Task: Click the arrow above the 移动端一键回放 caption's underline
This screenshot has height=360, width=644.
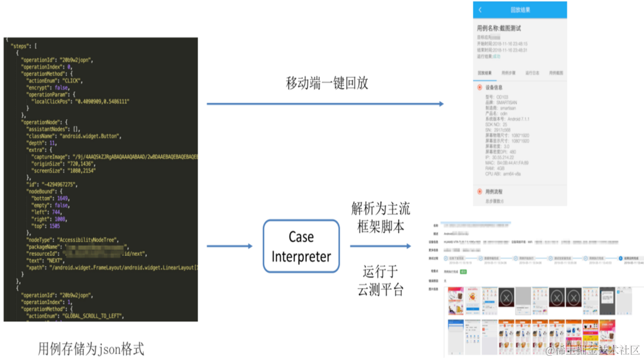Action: point(325,104)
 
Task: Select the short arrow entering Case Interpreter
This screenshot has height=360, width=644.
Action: point(230,246)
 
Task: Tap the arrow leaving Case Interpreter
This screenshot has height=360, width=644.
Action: point(379,246)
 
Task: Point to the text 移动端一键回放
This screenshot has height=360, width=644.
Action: point(327,83)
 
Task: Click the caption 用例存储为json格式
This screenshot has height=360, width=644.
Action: point(91,348)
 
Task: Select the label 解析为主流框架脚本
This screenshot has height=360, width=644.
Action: point(381,218)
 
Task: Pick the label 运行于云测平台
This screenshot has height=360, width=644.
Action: point(381,281)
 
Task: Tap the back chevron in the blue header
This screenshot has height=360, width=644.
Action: point(480,10)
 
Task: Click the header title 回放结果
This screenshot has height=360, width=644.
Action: point(520,10)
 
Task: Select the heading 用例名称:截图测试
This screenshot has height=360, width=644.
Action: point(499,27)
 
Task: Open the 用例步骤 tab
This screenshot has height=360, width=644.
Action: point(508,73)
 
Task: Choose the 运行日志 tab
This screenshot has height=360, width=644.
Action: point(532,73)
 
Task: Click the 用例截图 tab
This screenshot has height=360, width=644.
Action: point(555,73)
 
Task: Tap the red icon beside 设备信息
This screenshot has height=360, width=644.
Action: point(480,87)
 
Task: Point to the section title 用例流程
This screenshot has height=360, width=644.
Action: point(494,192)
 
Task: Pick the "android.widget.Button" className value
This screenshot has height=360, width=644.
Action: point(90,136)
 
